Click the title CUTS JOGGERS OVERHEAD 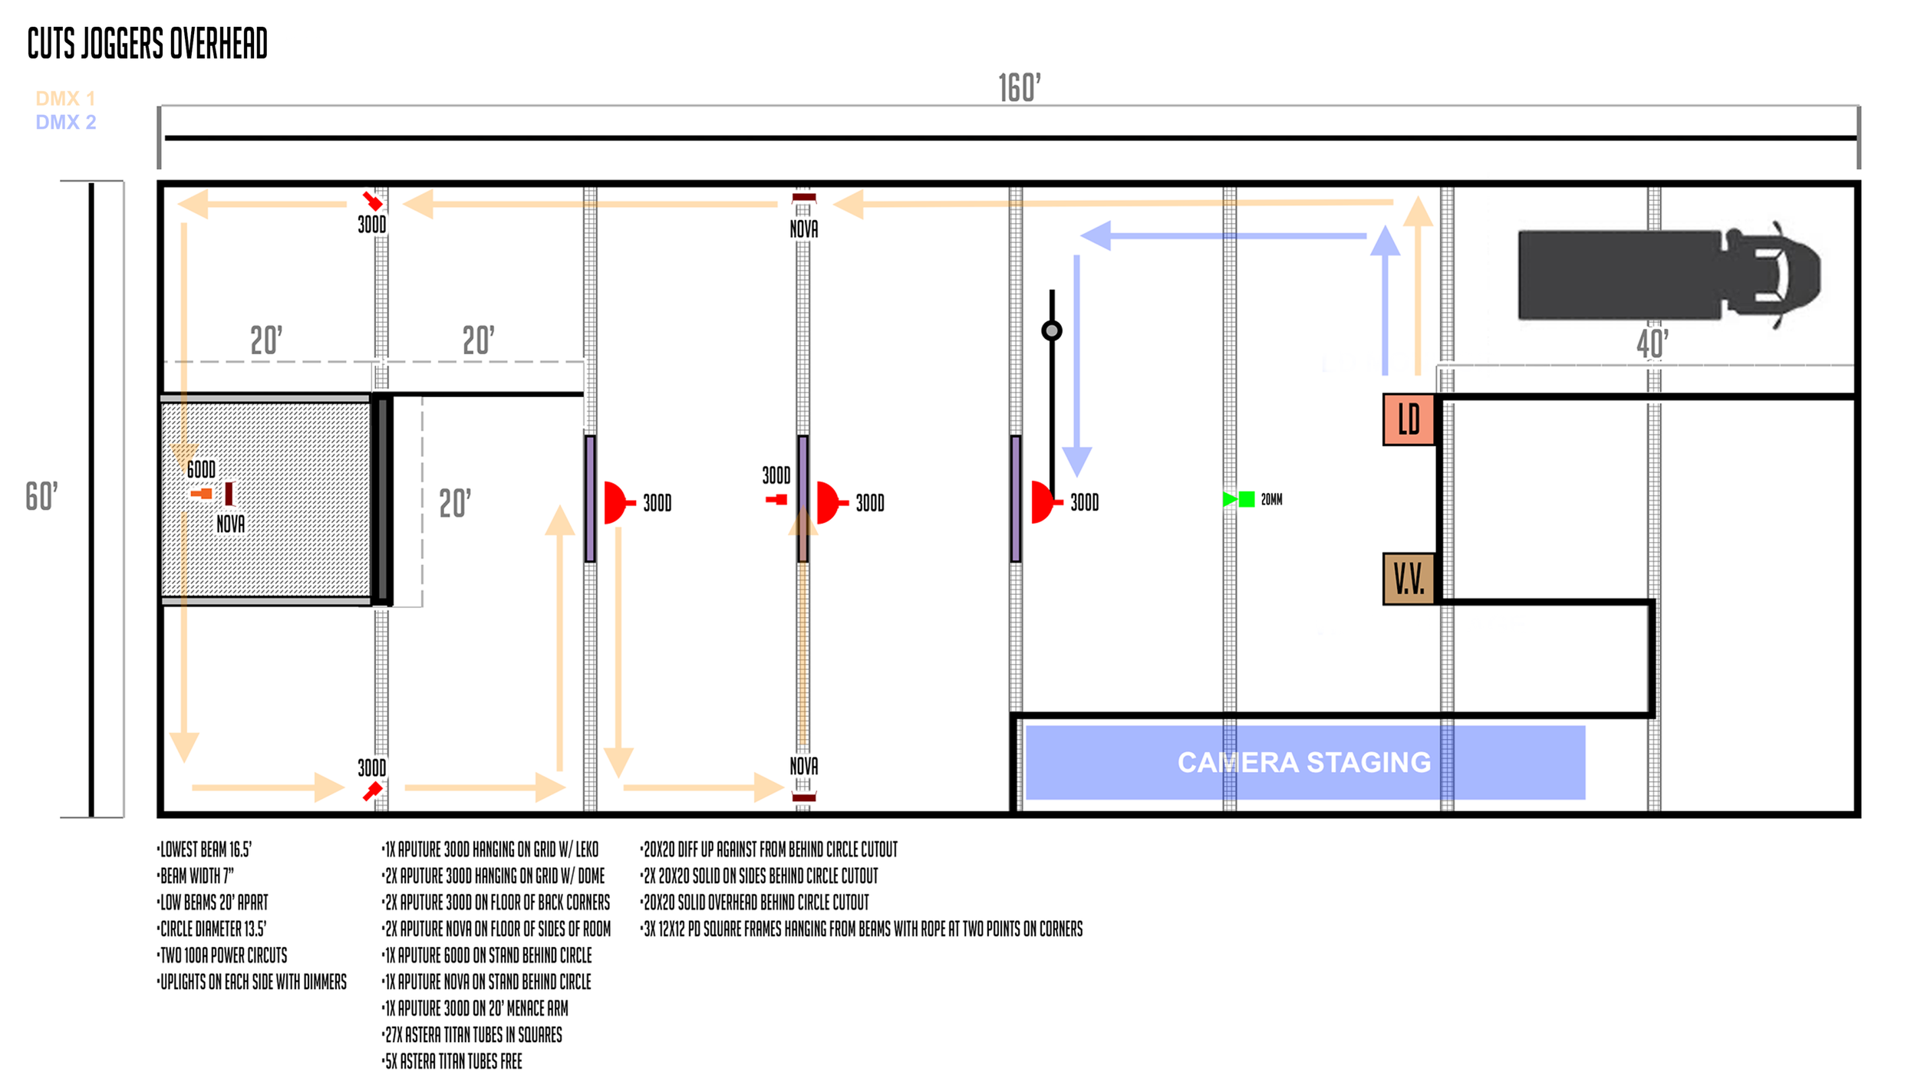147,43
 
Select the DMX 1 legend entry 65,98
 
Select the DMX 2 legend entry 65,122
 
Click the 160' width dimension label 1019,88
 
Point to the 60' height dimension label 41,496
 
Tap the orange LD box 1409,419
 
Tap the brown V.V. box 1409,579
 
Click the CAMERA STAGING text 1303,762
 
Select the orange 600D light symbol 203,493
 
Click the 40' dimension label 1652,343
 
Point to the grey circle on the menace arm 1052,330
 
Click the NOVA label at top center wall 803,228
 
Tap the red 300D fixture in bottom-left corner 373,790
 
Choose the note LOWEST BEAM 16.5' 205,850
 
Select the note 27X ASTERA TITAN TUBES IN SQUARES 473,1035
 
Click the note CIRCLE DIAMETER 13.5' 213,929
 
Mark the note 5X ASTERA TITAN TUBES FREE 453,1062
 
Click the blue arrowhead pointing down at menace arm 1076,462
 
